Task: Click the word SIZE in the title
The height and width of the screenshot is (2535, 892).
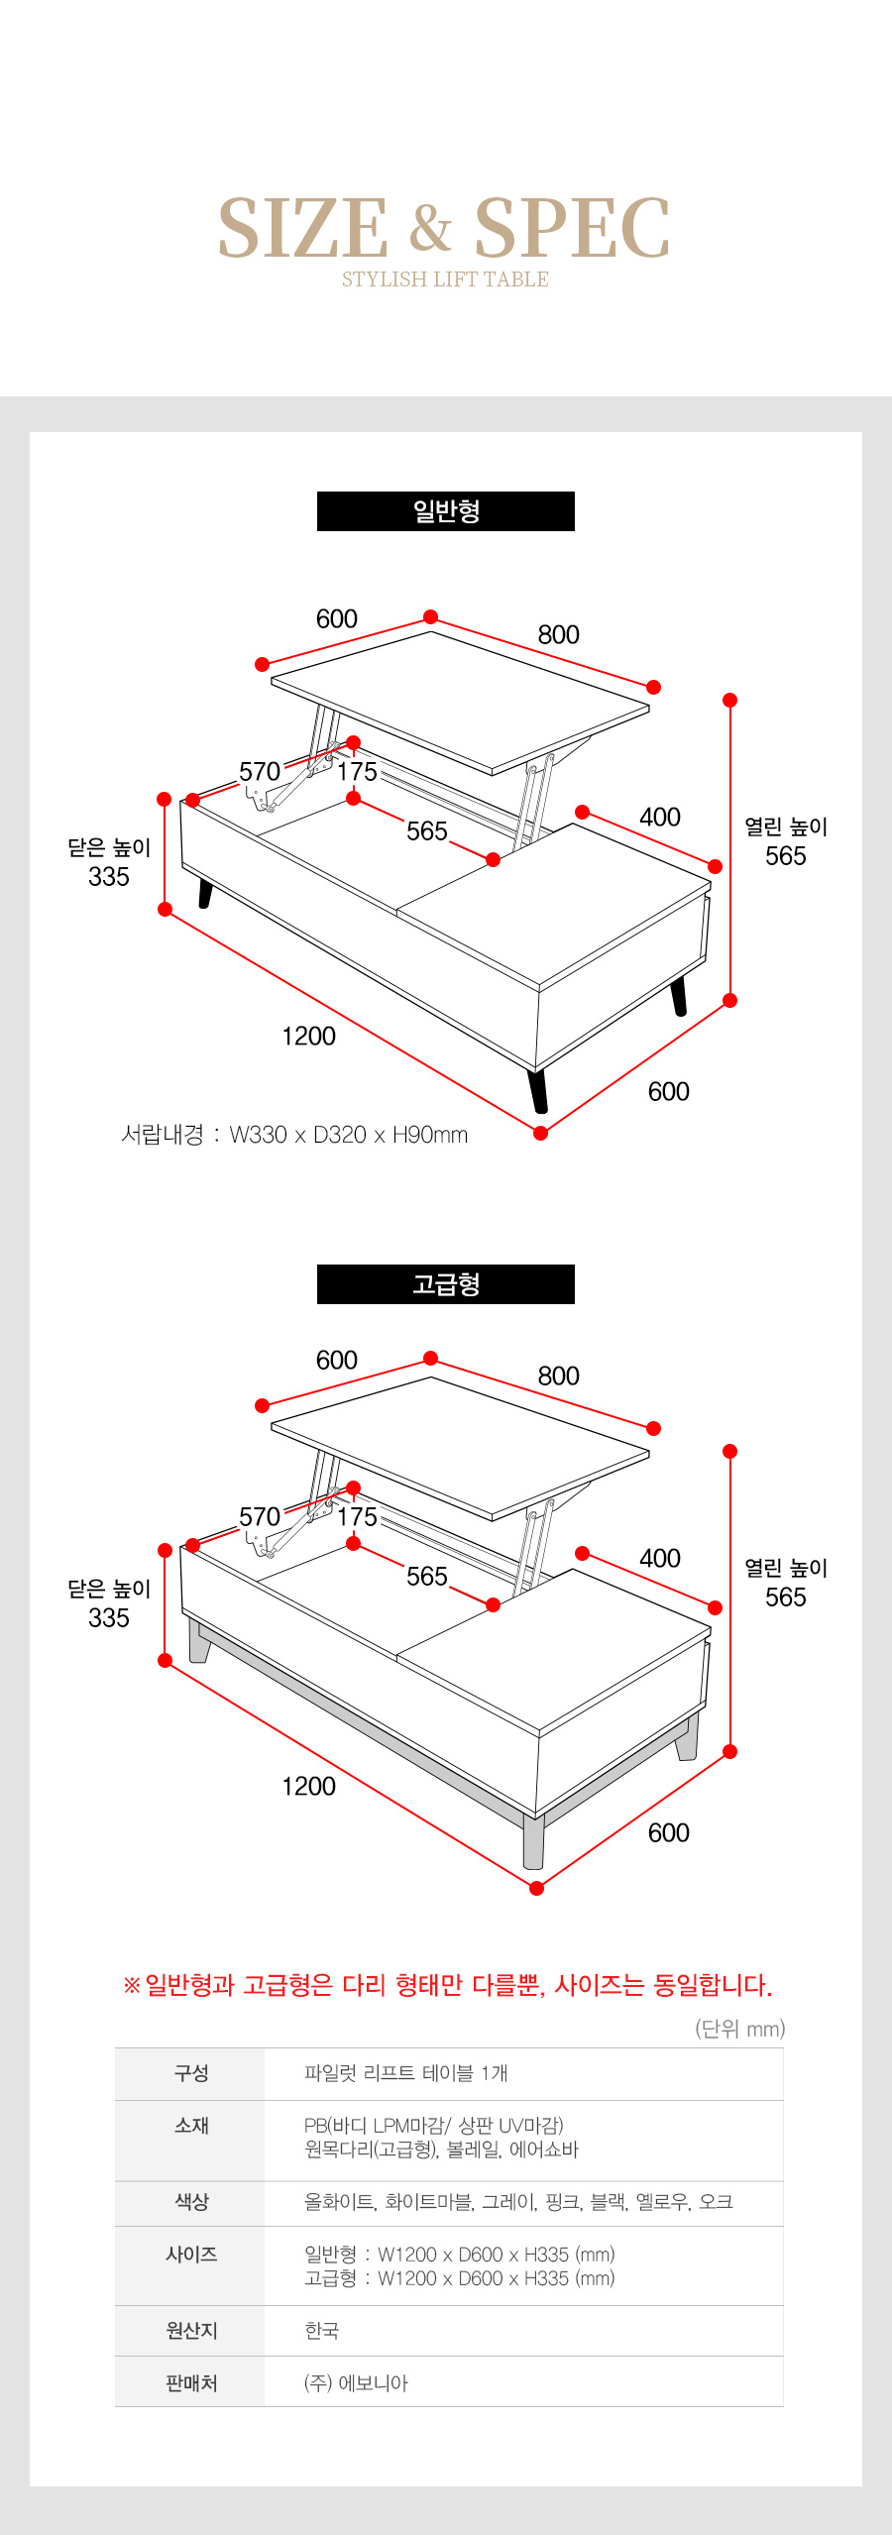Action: [x=303, y=228]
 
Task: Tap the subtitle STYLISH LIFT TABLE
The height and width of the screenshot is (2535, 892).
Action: [x=445, y=279]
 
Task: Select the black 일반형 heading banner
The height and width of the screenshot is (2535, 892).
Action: [x=446, y=511]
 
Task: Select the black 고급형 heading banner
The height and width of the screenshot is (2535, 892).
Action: [x=446, y=1284]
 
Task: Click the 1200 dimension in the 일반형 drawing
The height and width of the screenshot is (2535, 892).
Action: [x=309, y=1037]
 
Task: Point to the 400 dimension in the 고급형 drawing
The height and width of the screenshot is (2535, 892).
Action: [x=660, y=1559]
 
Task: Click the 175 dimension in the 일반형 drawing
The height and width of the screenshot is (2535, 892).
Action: [x=358, y=772]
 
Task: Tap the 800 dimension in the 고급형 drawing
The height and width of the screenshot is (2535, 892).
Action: [x=559, y=1377]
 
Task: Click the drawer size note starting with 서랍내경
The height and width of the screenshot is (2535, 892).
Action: [x=294, y=1135]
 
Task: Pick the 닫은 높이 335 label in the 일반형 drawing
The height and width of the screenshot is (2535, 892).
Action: [x=109, y=862]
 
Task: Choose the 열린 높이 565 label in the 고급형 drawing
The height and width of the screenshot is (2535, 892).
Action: [x=786, y=1583]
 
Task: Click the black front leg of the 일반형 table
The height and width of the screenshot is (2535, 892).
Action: [x=538, y=1090]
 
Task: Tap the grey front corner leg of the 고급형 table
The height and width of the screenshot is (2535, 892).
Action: [x=534, y=1841]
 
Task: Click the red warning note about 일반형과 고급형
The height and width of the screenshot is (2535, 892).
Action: [x=447, y=1985]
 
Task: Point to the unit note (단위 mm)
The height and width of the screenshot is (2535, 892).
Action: [x=740, y=2029]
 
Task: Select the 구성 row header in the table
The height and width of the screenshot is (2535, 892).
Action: [x=191, y=2073]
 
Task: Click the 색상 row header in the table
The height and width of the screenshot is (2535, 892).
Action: [x=191, y=2202]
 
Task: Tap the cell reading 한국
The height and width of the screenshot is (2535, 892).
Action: [x=321, y=2331]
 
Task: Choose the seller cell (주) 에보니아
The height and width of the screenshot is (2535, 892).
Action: [x=356, y=2383]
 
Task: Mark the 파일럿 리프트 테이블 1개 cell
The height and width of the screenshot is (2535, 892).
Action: [x=405, y=2073]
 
